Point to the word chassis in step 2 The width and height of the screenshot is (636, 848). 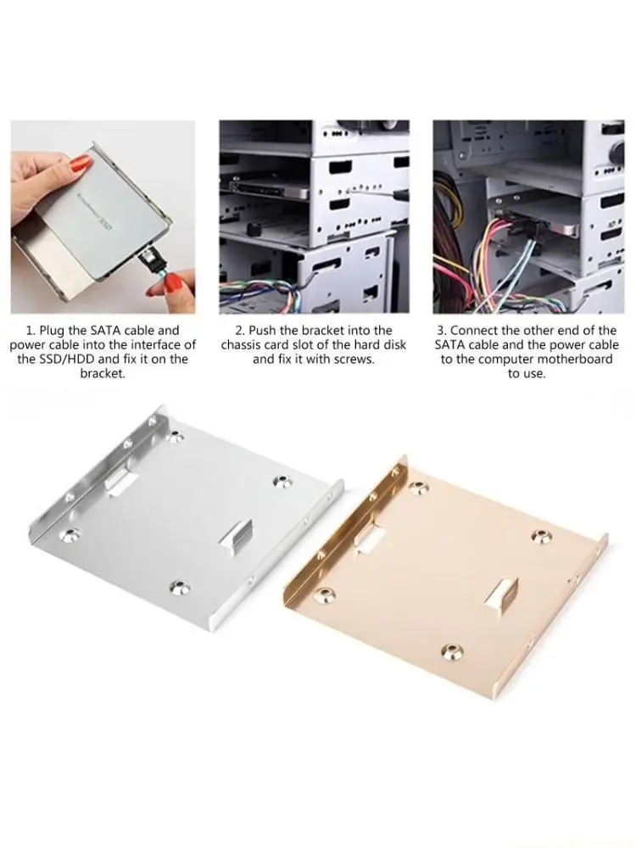[x=240, y=345]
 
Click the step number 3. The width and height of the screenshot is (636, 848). [x=441, y=331]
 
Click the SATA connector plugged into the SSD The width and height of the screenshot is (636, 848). [x=152, y=260]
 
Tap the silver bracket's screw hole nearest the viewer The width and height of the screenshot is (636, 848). [x=178, y=588]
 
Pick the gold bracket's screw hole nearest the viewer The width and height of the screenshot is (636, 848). [x=451, y=651]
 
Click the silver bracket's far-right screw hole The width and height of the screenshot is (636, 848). [x=282, y=482]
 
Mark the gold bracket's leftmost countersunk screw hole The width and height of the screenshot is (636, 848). [x=324, y=595]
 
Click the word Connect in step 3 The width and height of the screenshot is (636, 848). [x=472, y=331]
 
